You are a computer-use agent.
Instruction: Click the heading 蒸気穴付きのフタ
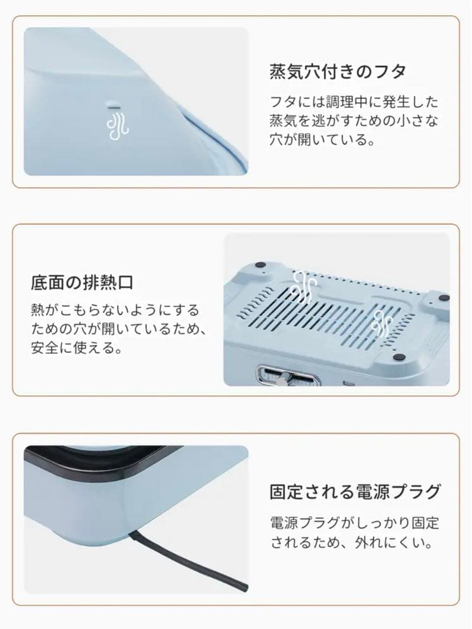[x=338, y=72]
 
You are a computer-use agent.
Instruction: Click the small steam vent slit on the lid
[x=114, y=107]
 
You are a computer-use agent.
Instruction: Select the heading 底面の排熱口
[x=82, y=283]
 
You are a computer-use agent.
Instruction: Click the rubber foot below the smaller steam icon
[x=399, y=358]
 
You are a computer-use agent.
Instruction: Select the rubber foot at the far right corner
[x=444, y=298]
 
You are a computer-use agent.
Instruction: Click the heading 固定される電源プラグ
[x=355, y=492]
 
